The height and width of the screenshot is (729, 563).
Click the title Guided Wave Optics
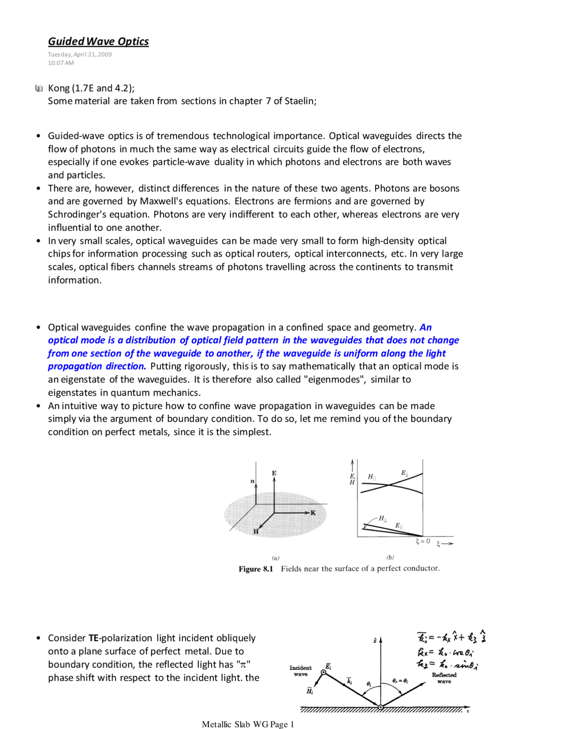[98, 41]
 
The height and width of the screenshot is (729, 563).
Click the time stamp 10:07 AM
[61, 63]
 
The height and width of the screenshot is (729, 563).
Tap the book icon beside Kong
[39, 88]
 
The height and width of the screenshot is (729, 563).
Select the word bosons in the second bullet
[444, 188]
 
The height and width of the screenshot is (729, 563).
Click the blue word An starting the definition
[425, 328]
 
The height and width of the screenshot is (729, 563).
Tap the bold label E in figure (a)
[274, 473]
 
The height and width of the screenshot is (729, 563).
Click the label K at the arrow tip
[313, 513]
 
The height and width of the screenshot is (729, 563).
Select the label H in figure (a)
[256, 531]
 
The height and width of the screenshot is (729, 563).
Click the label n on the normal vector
[252, 481]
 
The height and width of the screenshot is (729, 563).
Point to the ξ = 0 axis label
[423, 541]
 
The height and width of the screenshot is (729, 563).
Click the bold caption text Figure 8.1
[256, 569]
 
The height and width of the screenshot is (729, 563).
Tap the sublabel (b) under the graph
[390, 557]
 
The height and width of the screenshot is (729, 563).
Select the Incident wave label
[300, 671]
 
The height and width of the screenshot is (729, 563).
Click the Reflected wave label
[444, 678]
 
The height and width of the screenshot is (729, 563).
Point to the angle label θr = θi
[400, 681]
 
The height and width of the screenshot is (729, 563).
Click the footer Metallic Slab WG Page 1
[248, 724]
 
